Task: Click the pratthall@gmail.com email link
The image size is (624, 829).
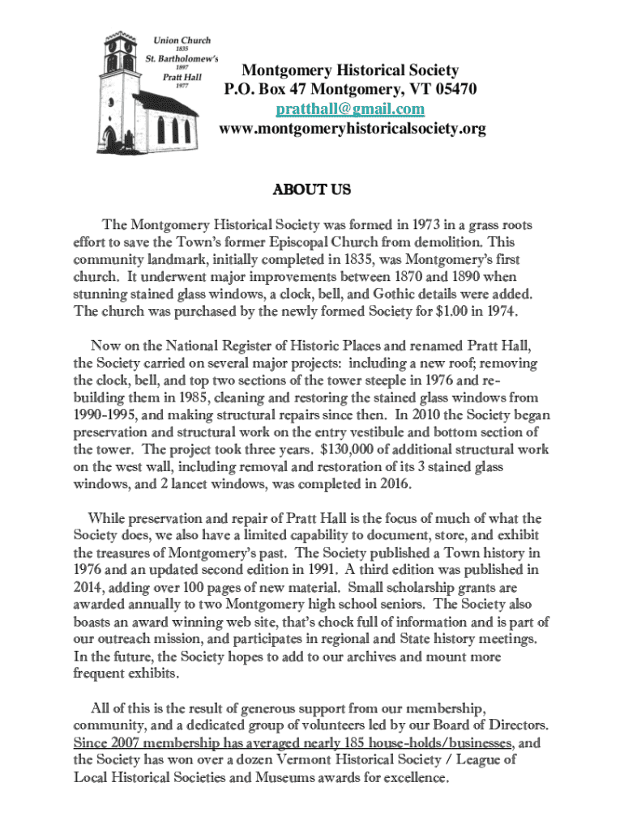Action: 349,108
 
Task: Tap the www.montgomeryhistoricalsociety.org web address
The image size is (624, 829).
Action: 353,129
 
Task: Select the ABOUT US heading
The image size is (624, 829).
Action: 311,190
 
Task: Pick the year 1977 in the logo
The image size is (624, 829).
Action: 177,87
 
